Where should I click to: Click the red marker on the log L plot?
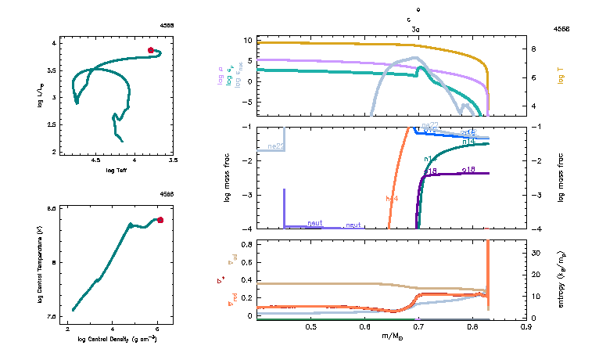coord(151,50)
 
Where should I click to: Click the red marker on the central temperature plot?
coord(160,220)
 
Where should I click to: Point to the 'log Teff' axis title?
coord(117,170)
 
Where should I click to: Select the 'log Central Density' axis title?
coord(117,340)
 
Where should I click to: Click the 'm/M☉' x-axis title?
coord(392,336)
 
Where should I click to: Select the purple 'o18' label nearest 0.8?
coord(469,169)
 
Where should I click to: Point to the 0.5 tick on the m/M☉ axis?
coord(310,326)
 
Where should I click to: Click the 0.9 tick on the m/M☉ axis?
coord(526,326)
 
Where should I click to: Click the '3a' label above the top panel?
coord(416,28)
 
